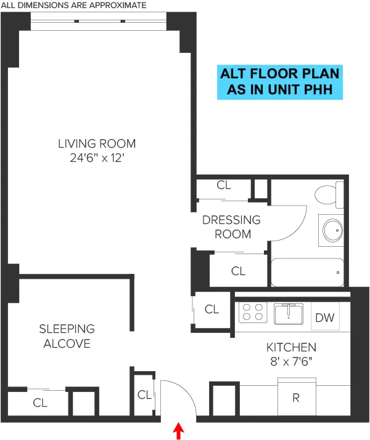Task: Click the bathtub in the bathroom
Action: (x=306, y=272)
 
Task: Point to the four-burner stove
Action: (x=252, y=313)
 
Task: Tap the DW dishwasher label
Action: (x=324, y=318)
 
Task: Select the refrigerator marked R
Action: (x=295, y=398)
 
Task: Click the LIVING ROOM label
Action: (x=97, y=144)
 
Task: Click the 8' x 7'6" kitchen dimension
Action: (x=291, y=362)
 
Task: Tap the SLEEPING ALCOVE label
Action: (x=67, y=336)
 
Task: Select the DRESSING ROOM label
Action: (x=231, y=226)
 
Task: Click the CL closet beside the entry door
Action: (x=144, y=394)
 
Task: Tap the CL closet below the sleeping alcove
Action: (x=39, y=403)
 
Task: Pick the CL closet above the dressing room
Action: (x=224, y=185)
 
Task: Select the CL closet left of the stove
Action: (x=212, y=310)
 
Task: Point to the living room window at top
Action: (x=99, y=22)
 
